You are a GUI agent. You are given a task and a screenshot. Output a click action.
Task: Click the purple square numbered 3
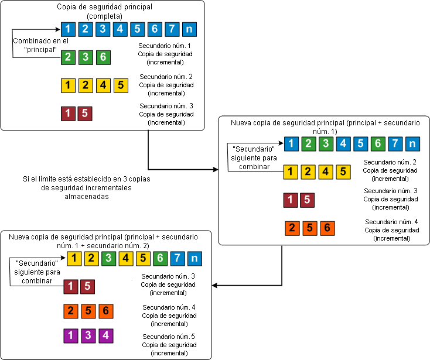tap(88, 336)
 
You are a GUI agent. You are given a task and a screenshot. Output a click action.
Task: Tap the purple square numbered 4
tap(105, 336)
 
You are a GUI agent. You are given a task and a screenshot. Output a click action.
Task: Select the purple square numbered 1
tap(71, 336)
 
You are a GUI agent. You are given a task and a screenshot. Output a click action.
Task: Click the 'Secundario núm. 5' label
tap(169, 345)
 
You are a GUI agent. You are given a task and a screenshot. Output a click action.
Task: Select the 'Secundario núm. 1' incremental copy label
tap(165, 53)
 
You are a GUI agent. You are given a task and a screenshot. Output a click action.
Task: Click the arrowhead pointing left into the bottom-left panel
tap(215, 286)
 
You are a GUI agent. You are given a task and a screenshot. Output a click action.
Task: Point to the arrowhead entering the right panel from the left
tap(214, 170)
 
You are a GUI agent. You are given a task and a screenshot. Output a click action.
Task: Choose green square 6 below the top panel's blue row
tap(103, 57)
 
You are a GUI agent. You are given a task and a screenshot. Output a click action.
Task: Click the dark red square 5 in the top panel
tap(85, 113)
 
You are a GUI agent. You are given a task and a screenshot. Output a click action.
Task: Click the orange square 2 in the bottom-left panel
tap(71, 310)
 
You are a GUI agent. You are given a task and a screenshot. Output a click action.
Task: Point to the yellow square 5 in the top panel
tap(120, 85)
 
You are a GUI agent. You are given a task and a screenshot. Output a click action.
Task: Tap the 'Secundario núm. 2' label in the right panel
tap(390, 170)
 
